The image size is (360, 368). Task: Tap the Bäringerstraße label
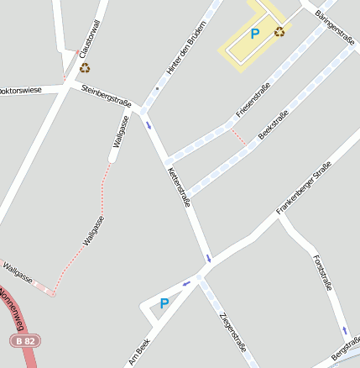336,27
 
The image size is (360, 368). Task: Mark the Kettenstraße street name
180,187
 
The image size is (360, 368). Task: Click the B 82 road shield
25,340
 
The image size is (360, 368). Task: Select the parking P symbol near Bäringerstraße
255,34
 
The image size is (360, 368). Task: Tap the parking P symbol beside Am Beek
164,304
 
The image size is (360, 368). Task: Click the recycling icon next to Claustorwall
85,68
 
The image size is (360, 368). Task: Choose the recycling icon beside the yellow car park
279,32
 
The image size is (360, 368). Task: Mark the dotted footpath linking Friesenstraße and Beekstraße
238,137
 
